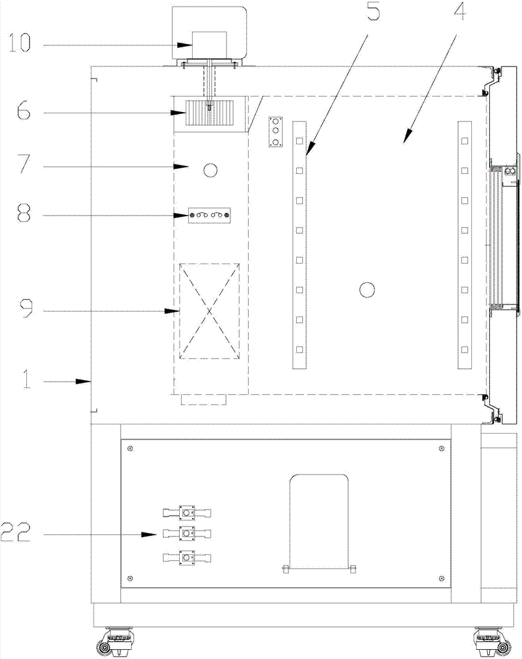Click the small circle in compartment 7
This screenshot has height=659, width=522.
(x=211, y=171)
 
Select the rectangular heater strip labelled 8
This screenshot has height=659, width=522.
(x=210, y=215)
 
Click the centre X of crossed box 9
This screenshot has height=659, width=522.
(x=210, y=310)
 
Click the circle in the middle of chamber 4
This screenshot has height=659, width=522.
(x=366, y=289)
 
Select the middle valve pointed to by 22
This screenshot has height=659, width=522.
(x=188, y=533)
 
